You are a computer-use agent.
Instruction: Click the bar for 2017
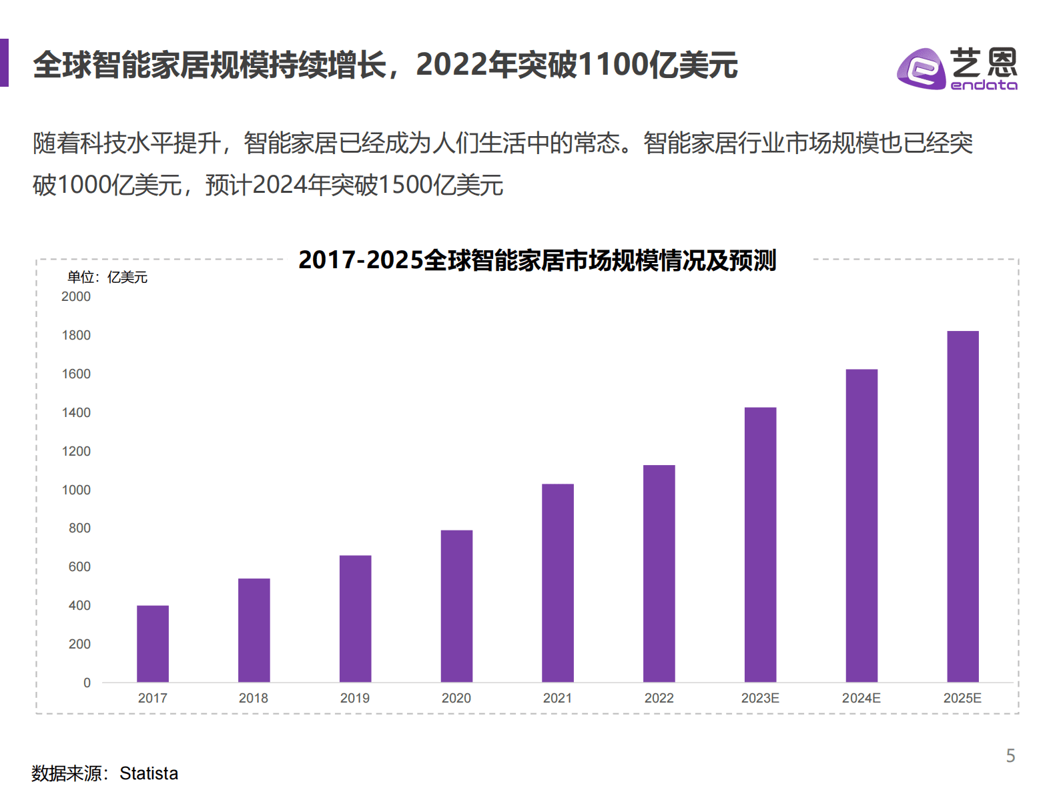(153, 643)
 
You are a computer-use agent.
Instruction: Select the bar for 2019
(355, 619)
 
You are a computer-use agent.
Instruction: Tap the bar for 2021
(558, 582)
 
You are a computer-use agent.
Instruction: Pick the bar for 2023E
(760, 544)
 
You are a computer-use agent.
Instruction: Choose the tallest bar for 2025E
(963, 506)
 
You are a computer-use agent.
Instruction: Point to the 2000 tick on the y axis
(76, 297)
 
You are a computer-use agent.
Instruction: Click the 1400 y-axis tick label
(76, 413)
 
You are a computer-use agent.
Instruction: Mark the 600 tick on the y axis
(79, 567)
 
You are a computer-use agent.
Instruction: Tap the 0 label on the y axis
(87, 683)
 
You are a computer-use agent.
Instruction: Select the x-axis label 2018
(254, 699)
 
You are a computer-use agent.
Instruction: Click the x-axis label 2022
(659, 699)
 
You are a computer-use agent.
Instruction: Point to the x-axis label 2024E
(861, 699)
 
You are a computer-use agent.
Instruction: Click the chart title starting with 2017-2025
(537, 260)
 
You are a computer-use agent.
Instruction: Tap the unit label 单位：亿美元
(107, 278)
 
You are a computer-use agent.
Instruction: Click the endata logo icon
(921, 68)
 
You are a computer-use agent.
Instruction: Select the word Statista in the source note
(149, 773)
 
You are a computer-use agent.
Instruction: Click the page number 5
(1010, 756)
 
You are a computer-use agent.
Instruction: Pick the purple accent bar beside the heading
(4, 63)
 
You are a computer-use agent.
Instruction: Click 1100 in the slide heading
(613, 65)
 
